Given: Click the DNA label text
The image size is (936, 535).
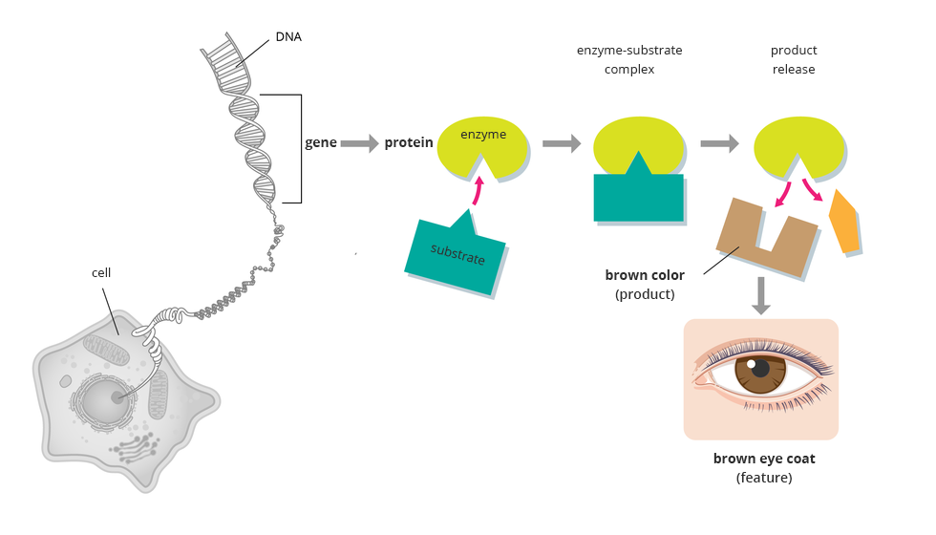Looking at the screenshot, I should (287, 36).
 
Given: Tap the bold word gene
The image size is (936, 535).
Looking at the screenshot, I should (320, 143).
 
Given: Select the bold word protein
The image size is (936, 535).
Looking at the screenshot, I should (409, 143).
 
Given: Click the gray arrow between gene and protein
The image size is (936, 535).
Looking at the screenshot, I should (360, 143).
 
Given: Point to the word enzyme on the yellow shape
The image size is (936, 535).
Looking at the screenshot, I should (483, 136).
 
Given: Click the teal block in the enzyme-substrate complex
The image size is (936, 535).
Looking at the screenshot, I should (638, 197).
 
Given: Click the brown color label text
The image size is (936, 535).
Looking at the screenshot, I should (645, 275).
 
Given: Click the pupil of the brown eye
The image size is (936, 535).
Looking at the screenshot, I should (760, 369).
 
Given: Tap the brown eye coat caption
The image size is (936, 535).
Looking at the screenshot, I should (764, 459).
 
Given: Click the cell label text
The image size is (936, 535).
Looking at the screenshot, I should (101, 272).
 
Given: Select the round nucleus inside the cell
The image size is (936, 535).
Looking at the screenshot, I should (107, 399).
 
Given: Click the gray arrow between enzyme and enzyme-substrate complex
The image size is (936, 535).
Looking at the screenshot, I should (562, 143).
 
